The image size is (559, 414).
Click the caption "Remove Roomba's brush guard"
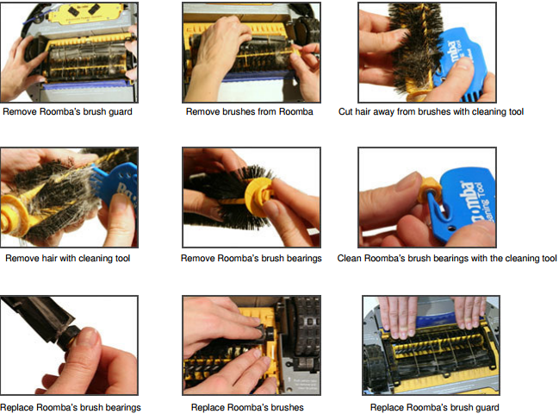pyautogui.click(x=67, y=112)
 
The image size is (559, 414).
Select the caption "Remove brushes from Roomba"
pyautogui.click(x=249, y=112)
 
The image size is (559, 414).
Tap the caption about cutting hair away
pyautogui.click(x=431, y=112)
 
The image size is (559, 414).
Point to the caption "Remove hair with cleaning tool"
pyautogui.click(x=68, y=258)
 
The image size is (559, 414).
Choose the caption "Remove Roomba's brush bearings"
pyautogui.click(x=251, y=258)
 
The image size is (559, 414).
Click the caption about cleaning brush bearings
pyautogui.click(x=447, y=258)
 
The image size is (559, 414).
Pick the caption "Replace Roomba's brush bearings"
pyautogui.click(x=71, y=407)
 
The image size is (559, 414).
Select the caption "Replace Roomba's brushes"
pyautogui.click(x=247, y=407)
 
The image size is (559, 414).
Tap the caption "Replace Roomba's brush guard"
pyautogui.click(x=435, y=407)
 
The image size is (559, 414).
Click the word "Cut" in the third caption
pyautogui.click(x=345, y=112)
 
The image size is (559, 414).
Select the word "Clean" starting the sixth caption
pyautogui.click(x=349, y=258)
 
